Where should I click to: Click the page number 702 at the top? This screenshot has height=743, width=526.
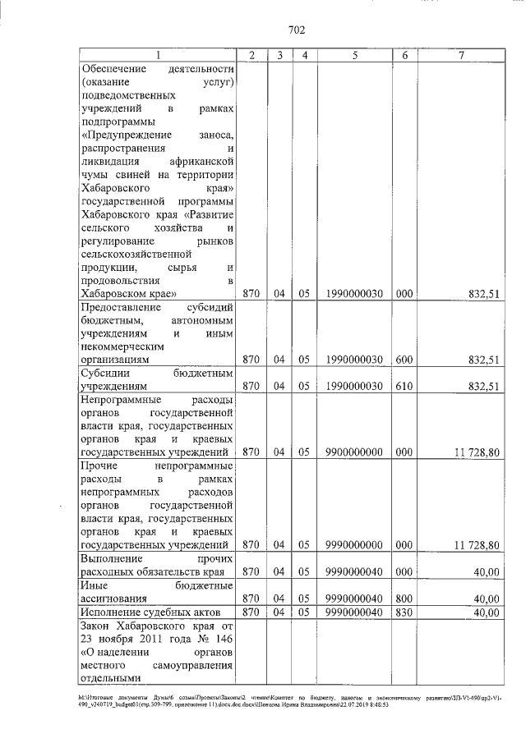point(297,30)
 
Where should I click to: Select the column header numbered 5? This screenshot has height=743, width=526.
point(354,55)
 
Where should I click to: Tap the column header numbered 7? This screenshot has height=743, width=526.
point(462,55)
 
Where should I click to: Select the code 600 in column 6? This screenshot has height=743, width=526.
point(404,359)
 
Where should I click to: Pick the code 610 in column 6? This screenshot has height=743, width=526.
point(404,385)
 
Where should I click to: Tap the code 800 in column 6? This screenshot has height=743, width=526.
point(404,599)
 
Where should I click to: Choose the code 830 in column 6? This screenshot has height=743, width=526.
point(404,612)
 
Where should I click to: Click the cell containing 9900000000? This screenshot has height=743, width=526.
point(354,451)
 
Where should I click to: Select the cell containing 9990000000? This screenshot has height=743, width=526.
point(354,543)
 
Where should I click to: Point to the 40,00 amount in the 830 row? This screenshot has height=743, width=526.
point(486,612)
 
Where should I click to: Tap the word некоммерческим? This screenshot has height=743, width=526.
point(121,346)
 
